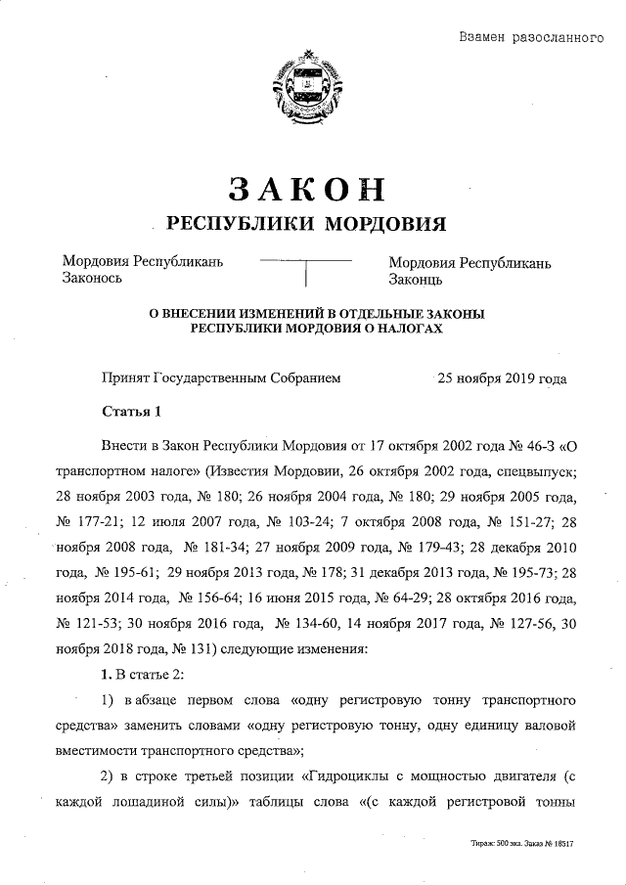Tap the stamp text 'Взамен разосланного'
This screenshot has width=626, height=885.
coord(529,38)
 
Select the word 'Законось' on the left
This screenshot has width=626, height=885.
coord(92,279)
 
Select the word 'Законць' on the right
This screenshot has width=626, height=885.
coord(417,280)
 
